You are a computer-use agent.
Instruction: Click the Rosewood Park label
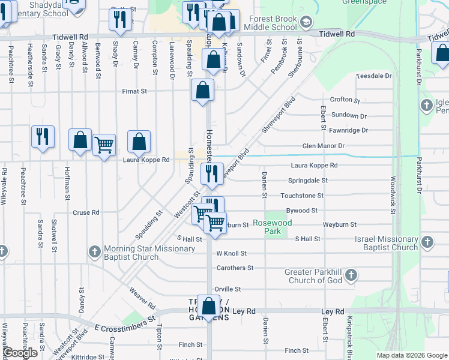point(272,227)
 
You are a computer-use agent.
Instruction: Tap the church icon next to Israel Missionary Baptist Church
point(427,242)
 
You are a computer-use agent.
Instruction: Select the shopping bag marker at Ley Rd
point(209,307)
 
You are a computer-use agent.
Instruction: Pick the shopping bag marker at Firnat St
point(203,91)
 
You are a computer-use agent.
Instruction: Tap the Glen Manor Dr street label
point(324,146)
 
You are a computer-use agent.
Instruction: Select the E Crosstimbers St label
point(125,325)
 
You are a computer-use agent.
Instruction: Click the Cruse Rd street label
point(86,212)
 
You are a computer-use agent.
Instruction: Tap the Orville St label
point(228,289)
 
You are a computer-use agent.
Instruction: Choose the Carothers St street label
point(235,268)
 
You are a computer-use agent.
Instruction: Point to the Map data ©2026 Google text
point(411,355)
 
